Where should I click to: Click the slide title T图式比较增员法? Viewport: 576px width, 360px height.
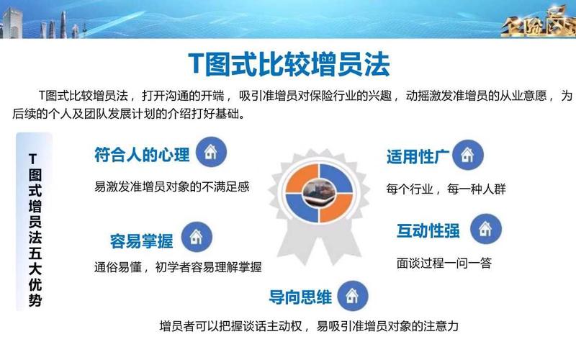(289, 63)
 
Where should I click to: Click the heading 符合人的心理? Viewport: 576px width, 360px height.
(142, 155)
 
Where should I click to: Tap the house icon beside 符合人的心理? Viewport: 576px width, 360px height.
(211, 153)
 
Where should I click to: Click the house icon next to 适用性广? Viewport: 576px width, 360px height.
(467, 154)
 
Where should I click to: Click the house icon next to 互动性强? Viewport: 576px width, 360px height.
(486, 229)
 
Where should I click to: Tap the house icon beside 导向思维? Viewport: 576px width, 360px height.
(352, 295)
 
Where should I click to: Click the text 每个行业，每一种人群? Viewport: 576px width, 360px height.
(446, 189)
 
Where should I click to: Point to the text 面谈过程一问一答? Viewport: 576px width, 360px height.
(444, 264)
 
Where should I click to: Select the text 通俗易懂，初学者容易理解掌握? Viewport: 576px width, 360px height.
(177, 266)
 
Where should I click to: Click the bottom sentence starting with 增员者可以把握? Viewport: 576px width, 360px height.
(309, 325)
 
